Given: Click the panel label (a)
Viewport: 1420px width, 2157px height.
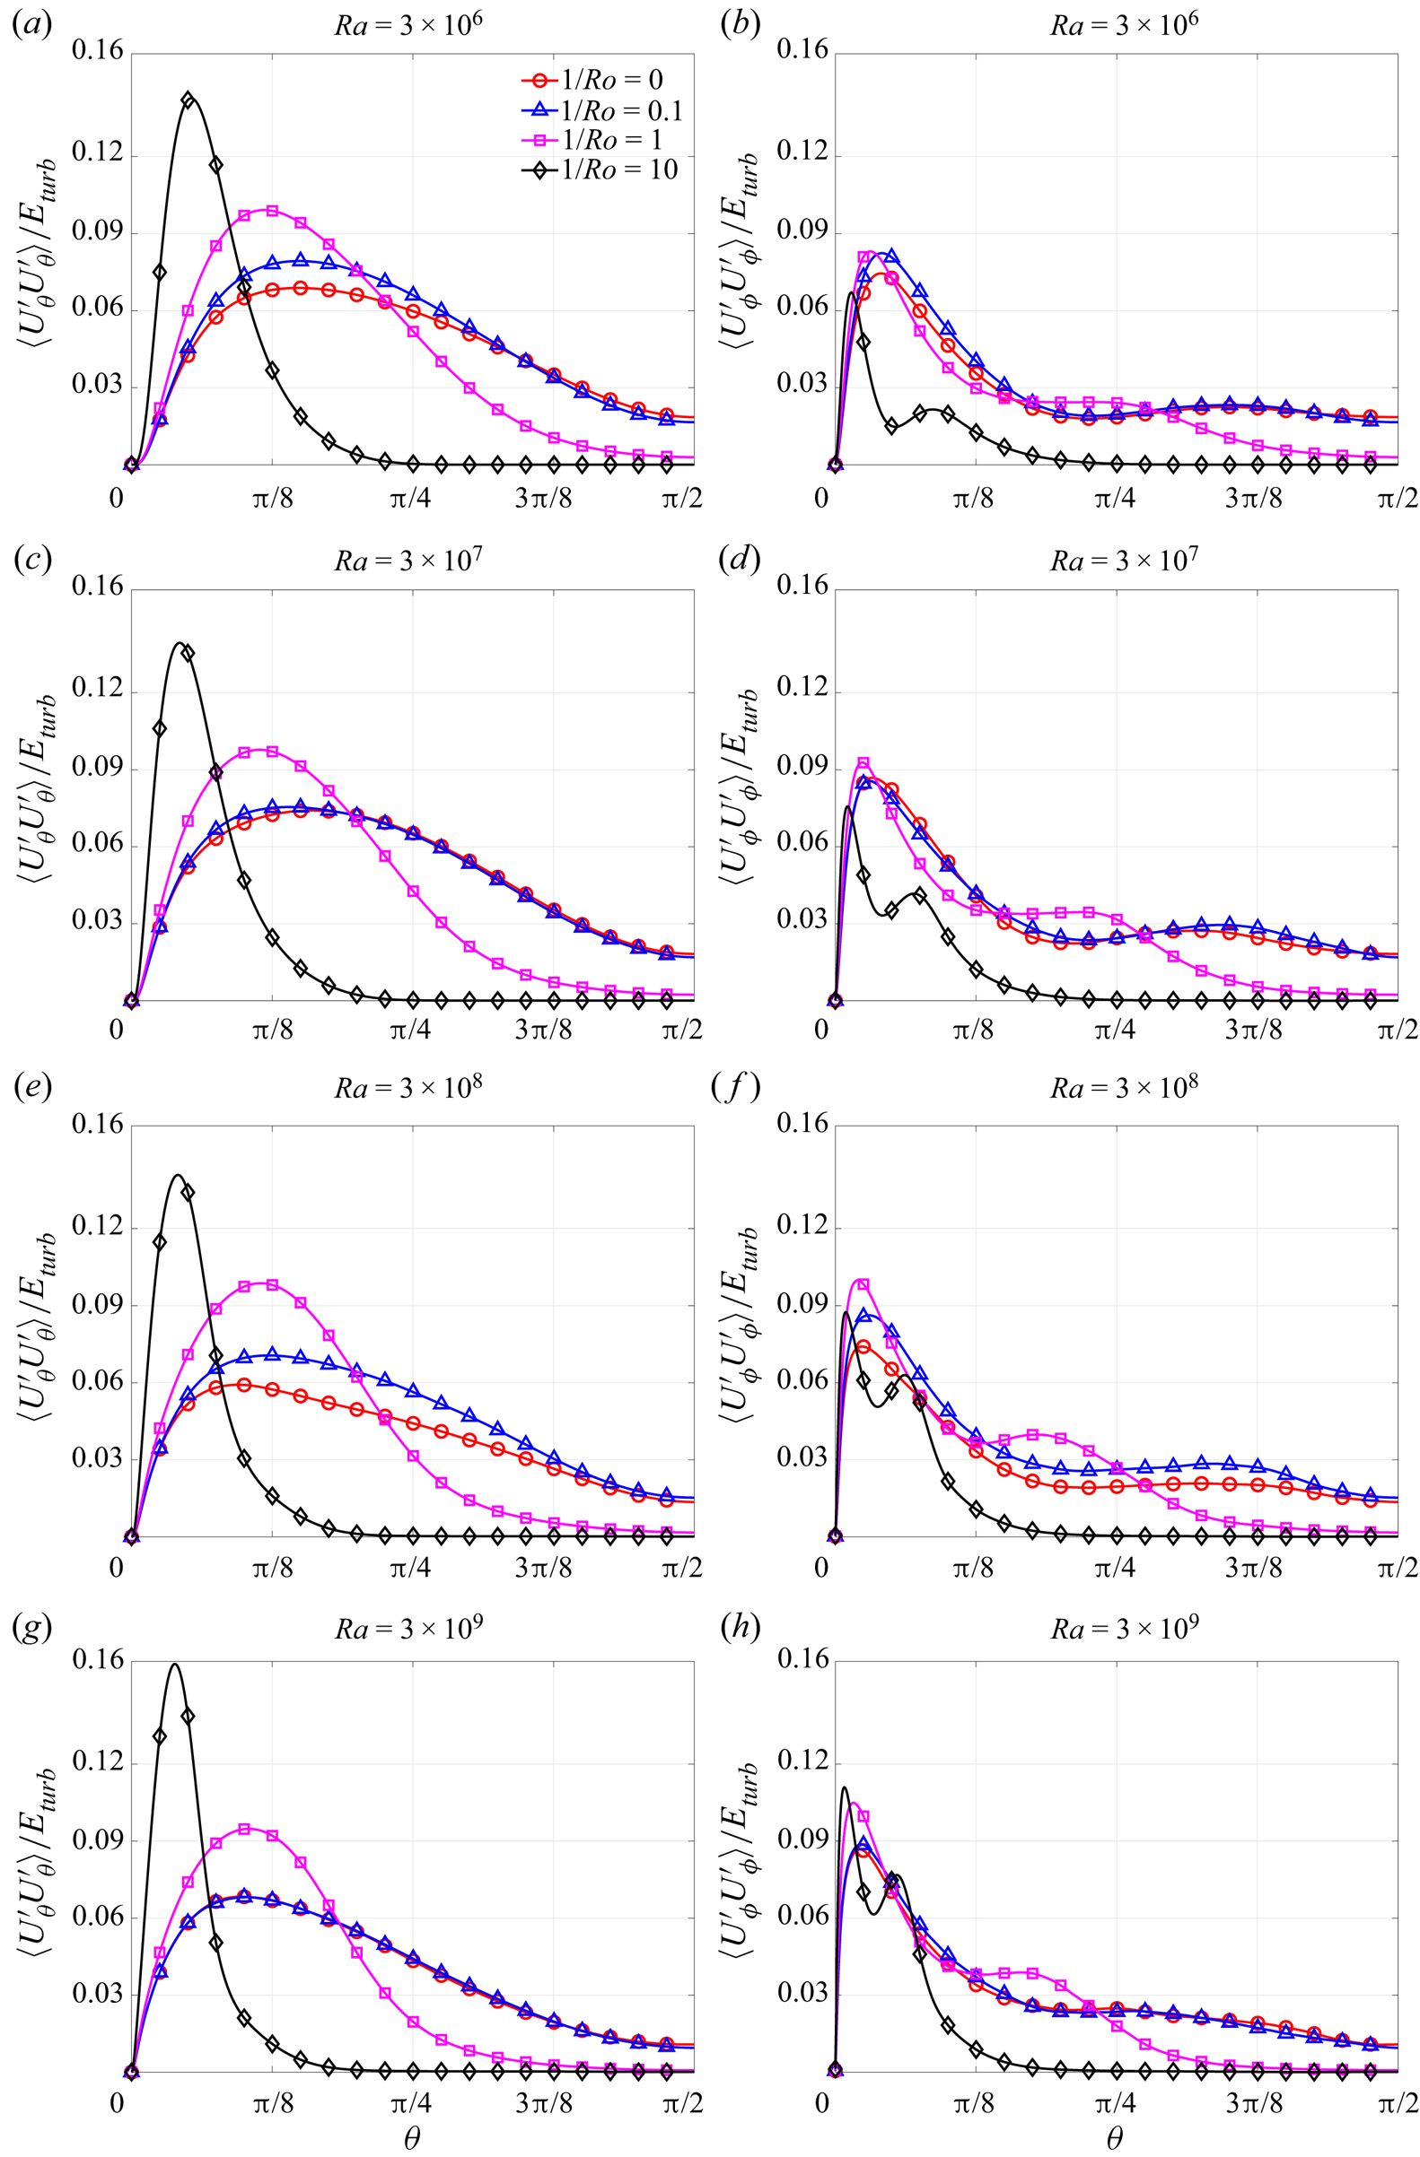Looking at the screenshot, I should tap(31, 23).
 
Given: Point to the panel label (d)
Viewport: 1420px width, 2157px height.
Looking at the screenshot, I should tap(738, 560).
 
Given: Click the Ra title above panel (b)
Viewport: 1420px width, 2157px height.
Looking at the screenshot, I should tap(1124, 23).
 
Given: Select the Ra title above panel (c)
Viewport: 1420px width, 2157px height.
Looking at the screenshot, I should tap(408, 560).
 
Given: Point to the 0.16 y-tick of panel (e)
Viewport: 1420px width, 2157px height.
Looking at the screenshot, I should tap(97, 1125).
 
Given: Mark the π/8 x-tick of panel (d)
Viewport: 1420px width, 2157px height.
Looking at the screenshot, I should tap(973, 1031).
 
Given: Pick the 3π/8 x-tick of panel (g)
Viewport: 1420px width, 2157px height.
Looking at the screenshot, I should tap(544, 2103).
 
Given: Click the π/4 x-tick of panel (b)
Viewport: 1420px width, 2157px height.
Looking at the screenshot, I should tap(1115, 499).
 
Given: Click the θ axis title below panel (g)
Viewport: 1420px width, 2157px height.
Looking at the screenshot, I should tap(412, 2138).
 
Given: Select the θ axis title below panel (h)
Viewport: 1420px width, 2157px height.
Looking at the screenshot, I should tap(1115, 2138).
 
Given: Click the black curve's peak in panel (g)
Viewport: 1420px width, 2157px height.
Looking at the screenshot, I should tap(174, 1665).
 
